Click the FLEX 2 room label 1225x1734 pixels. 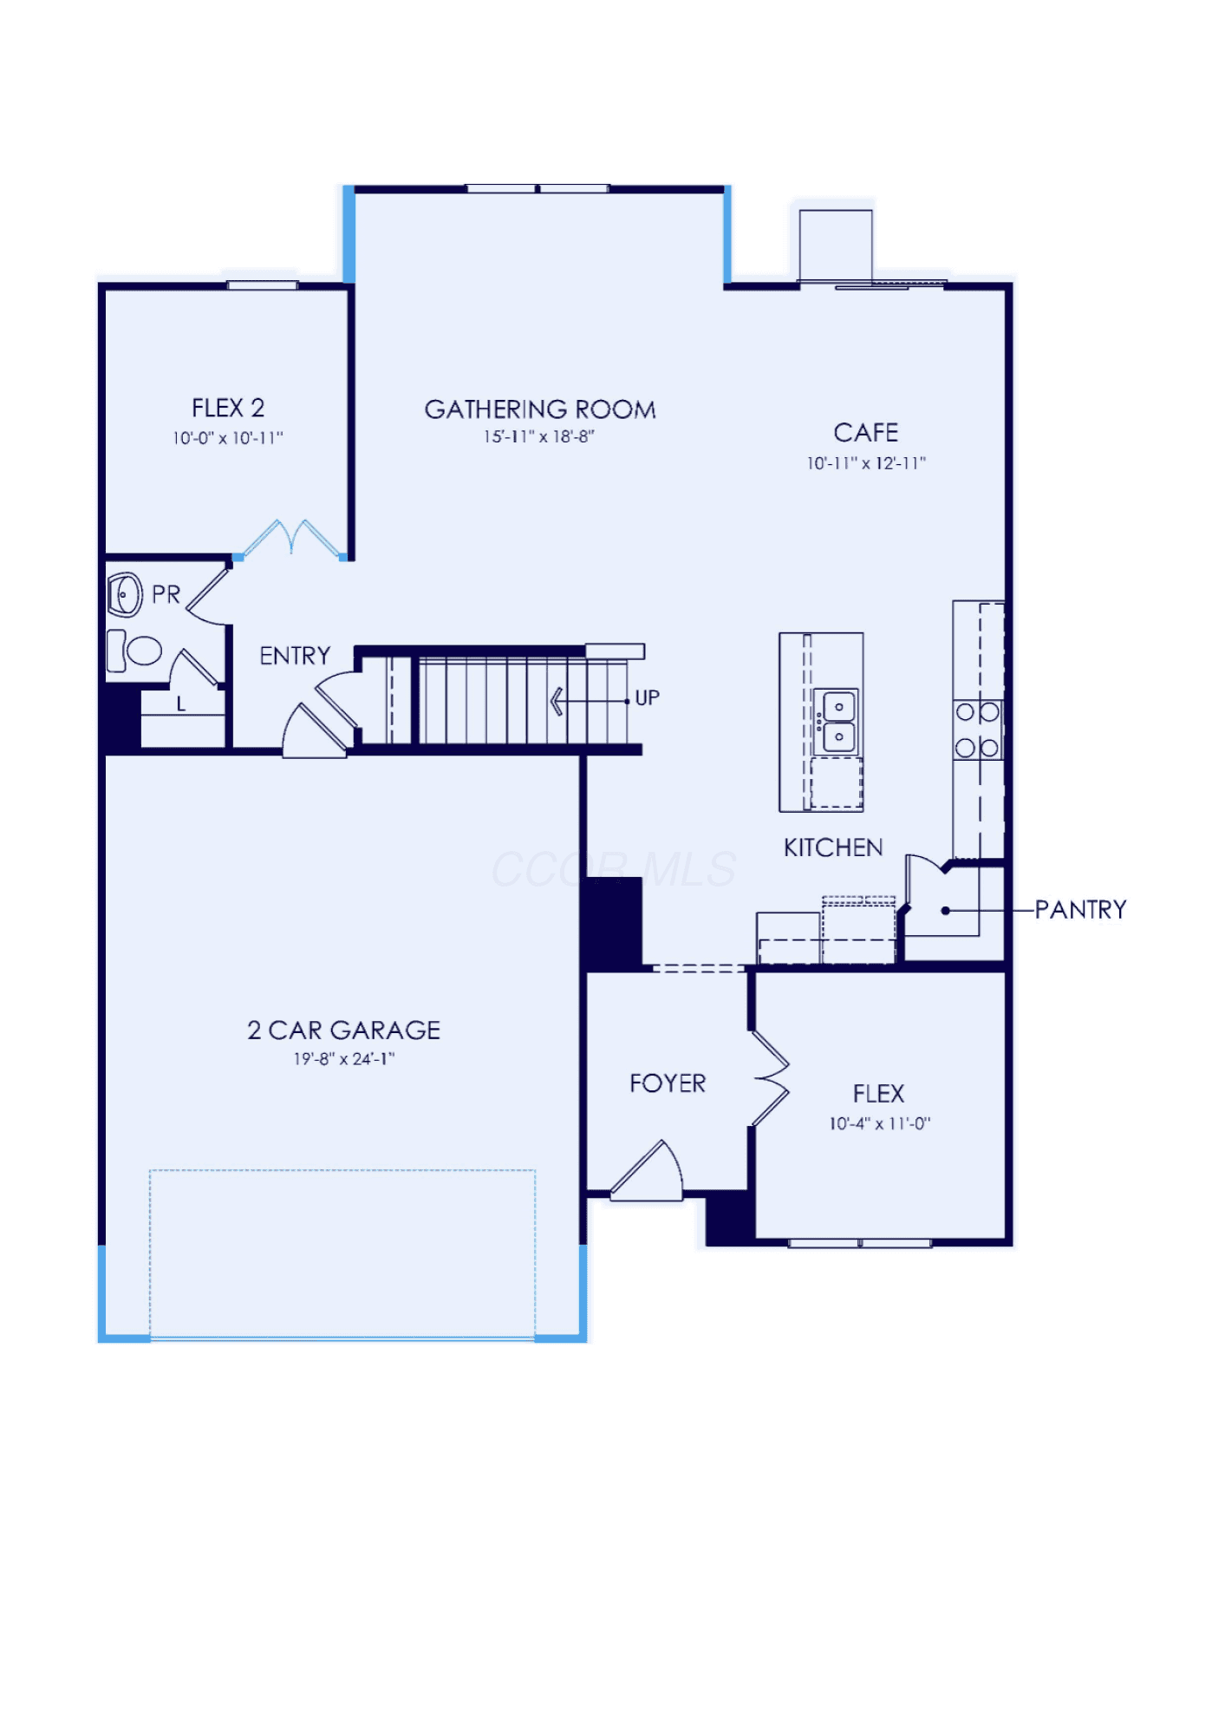228,408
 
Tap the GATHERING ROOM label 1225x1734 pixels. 540,409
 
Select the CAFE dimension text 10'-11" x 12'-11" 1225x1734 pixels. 866,463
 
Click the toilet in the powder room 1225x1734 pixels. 134,651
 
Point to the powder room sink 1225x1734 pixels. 125,594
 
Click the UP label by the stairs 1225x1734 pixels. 648,697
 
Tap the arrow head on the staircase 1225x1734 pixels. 557,701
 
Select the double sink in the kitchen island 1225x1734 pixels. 838,721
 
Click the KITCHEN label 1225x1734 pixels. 833,847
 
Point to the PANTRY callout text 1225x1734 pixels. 1081,909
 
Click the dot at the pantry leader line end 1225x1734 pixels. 946,911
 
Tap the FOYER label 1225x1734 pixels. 668,1083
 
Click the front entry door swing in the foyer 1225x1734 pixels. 648,1171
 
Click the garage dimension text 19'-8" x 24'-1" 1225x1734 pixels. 344,1058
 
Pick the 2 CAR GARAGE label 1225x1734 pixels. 344,1030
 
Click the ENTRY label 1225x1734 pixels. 295,656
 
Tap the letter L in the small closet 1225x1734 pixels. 181,704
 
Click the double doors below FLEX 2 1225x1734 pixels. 292,540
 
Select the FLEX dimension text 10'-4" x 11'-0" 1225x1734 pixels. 880,1123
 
